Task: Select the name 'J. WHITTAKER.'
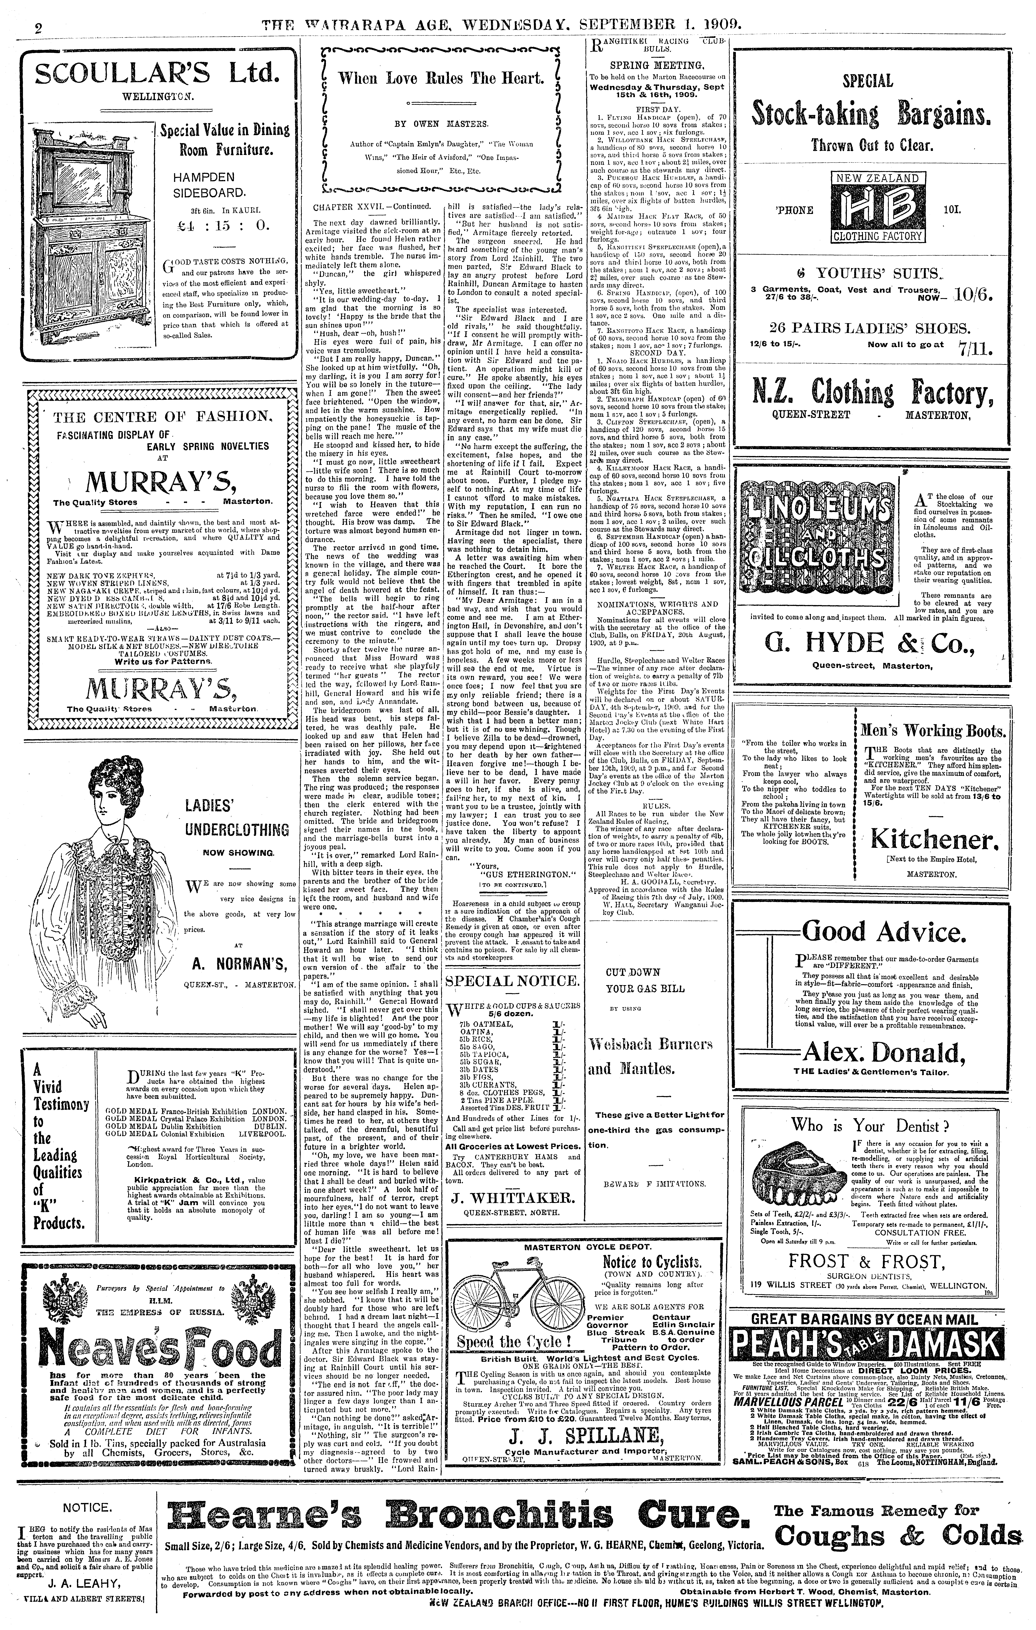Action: coord(513,1198)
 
